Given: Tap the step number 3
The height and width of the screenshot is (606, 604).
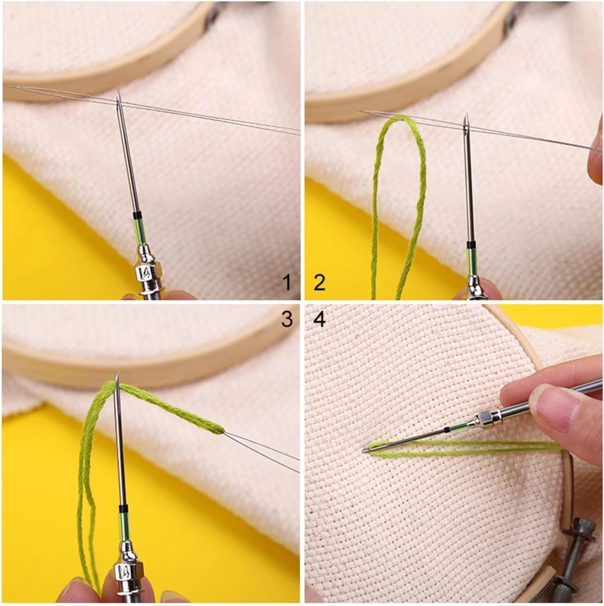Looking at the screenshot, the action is (287, 319).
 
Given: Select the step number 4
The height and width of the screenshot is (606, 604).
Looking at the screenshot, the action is (320, 319).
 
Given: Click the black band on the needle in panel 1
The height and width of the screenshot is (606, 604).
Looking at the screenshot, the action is (137, 214).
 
